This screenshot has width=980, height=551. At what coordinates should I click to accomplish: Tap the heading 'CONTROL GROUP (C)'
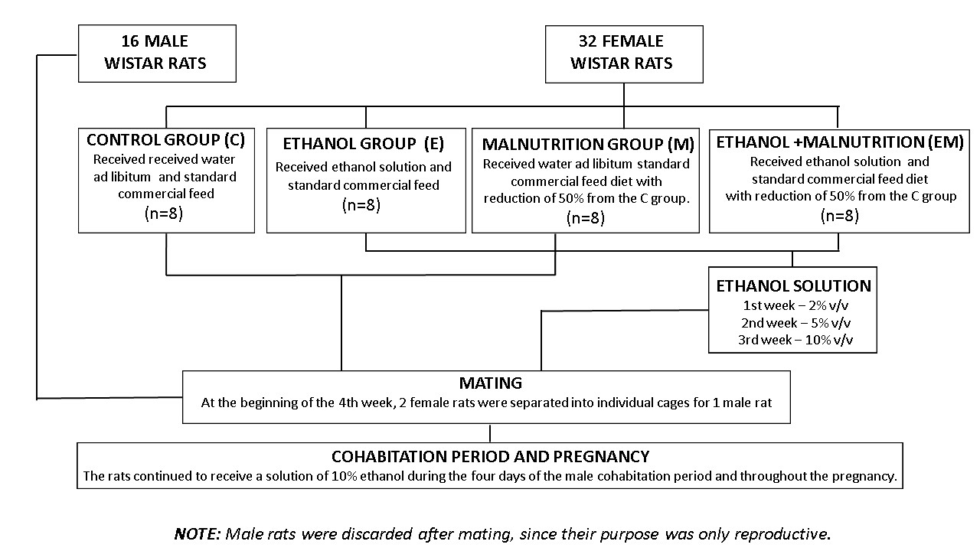[x=166, y=140]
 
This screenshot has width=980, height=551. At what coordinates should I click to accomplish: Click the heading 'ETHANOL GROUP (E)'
[x=363, y=144]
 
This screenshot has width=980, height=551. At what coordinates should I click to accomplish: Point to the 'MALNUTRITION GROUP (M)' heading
[x=588, y=145]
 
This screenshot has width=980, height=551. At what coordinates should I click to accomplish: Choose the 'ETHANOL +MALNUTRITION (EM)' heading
[x=840, y=142]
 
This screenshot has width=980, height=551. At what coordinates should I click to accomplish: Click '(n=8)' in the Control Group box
[x=164, y=214]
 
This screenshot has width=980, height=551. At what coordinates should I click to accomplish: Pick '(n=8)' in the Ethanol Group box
[x=361, y=204]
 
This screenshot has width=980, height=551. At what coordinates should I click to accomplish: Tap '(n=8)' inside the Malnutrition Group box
[x=586, y=218]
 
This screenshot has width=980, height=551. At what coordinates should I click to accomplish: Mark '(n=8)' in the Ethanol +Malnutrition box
[x=840, y=216]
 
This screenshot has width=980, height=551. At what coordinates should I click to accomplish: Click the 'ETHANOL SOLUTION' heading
[x=794, y=286]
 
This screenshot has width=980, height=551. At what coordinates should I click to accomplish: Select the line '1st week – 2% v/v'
[x=795, y=305]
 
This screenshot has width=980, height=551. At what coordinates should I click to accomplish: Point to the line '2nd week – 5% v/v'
[x=795, y=323]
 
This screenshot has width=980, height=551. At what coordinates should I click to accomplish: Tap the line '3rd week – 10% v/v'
[x=795, y=340]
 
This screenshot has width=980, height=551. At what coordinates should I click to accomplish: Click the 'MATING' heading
[x=491, y=383]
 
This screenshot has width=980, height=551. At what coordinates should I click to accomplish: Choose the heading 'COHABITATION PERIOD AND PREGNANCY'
[x=491, y=457]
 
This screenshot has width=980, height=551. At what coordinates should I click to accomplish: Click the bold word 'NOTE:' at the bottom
[x=198, y=534]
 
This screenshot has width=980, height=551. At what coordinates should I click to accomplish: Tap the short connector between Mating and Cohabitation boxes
[x=490, y=433]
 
